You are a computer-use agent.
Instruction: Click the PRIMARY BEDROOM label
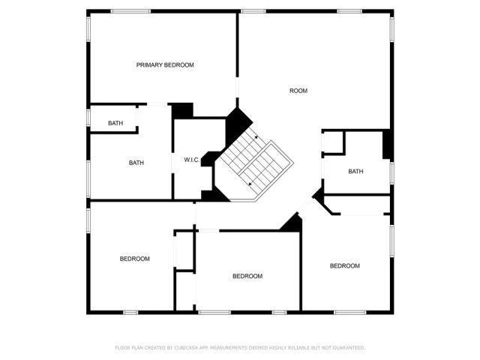click(x=165, y=65)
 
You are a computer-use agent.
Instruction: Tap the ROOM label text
click(x=298, y=91)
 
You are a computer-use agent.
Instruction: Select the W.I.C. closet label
click(x=190, y=160)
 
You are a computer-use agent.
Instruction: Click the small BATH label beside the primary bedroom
click(x=115, y=123)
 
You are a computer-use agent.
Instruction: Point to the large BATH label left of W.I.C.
click(x=136, y=163)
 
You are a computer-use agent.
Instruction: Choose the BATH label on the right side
click(x=355, y=172)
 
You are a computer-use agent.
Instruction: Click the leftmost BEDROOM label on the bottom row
click(x=135, y=259)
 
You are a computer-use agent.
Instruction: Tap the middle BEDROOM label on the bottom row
click(x=247, y=276)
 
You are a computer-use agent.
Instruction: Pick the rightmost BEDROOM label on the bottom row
click(x=345, y=265)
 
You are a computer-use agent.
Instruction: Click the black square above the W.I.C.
click(x=182, y=111)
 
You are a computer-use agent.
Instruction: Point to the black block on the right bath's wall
click(x=387, y=145)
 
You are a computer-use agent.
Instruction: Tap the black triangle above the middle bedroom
click(x=292, y=222)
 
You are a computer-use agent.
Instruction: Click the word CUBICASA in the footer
click(x=187, y=348)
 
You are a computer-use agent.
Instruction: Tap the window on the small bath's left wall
click(x=88, y=118)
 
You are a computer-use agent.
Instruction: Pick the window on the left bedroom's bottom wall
click(x=130, y=311)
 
